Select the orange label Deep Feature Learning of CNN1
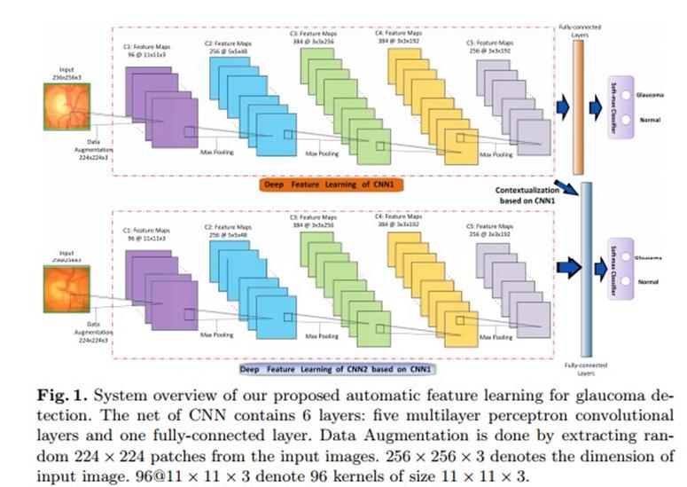click(332, 185)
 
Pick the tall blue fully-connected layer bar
click(584, 266)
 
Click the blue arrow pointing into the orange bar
click(561, 107)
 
